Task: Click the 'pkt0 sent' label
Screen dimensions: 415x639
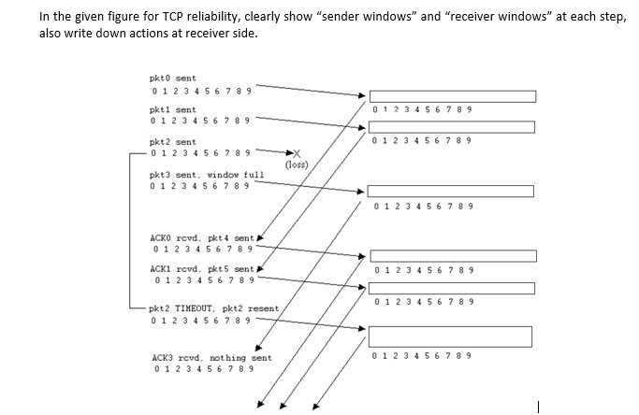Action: pyautogui.click(x=173, y=79)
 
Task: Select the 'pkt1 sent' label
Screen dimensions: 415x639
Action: pyautogui.click(x=173, y=109)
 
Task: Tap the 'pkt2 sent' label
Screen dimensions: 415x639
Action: pyautogui.click(x=173, y=142)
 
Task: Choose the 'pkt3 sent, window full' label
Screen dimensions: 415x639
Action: pyautogui.click(x=207, y=175)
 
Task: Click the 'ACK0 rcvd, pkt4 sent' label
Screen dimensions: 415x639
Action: pyautogui.click(x=201, y=237)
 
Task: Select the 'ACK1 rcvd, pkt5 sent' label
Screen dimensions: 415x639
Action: pyautogui.click(x=201, y=268)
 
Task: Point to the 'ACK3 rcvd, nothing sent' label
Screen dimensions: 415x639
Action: pyautogui.click(x=211, y=357)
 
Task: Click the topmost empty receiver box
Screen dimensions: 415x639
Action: pyautogui.click(x=453, y=95)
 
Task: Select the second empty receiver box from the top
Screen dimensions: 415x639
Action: pyautogui.click(x=453, y=127)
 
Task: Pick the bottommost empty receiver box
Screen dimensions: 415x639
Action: pyautogui.click(x=450, y=336)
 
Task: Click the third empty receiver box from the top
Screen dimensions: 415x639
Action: pyautogui.click(x=451, y=191)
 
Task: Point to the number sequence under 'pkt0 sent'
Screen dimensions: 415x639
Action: pyautogui.click(x=200, y=91)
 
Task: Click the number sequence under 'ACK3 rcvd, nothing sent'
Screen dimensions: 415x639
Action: pyautogui.click(x=202, y=369)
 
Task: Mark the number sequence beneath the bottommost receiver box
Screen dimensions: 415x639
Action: pyautogui.click(x=421, y=356)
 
